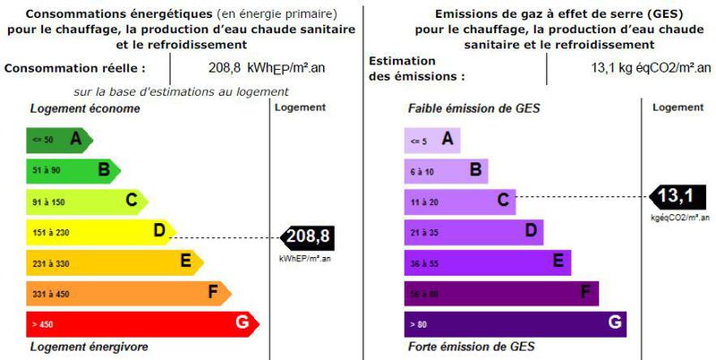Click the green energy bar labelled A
(x=59, y=139)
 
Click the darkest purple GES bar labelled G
(x=516, y=323)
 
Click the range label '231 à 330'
(x=50, y=262)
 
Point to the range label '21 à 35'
(x=425, y=232)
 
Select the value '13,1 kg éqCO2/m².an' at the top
(x=649, y=67)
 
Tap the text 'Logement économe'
(x=85, y=108)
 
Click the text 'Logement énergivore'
(x=89, y=347)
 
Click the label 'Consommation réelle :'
(x=74, y=67)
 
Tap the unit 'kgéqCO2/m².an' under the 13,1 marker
(x=680, y=218)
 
